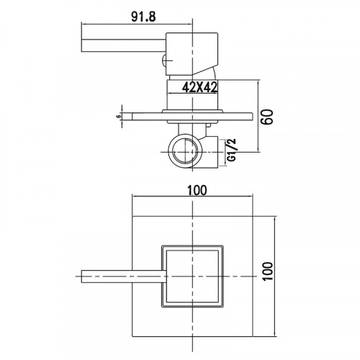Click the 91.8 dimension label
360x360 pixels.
pyautogui.click(x=143, y=17)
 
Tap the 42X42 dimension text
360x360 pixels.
pyautogui.click(x=199, y=87)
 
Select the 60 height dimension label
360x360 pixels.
pyautogui.click(x=267, y=117)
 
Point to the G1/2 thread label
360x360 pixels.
pyautogui.click(x=232, y=150)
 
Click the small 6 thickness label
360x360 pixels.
pyautogui.click(x=118, y=117)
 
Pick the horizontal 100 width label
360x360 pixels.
pyautogui.click(x=197, y=191)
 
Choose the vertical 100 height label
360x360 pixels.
pyautogui.click(x=268, y=271)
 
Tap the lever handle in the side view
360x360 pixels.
pyautogui.click(x=124, y=45)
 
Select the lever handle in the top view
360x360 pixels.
pyautogui.click(x=124, y=276)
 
